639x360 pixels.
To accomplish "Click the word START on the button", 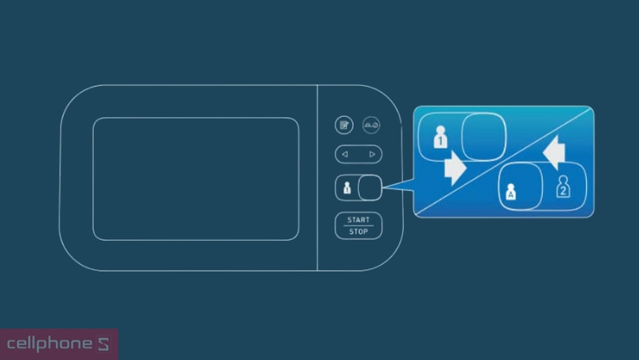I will click(x=358, y=220).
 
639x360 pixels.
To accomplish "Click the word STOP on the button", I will click(x=358, y=231).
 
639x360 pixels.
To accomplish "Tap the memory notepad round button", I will click(x=343, y=125).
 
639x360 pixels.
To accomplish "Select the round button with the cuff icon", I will click(x=372, y=125).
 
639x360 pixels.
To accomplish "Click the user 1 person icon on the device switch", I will click(x=347, y=188).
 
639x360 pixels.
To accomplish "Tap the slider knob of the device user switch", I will click(x=369, y=188).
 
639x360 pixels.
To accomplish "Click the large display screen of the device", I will click(x=196, y=178).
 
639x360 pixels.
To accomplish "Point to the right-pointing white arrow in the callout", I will click(x=455, y=167).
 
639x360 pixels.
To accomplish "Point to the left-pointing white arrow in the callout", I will click(x=555, y=152).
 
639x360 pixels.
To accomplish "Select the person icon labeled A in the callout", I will click(x=510, y=191).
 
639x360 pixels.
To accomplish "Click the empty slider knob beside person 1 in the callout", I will click(x=482, y=136).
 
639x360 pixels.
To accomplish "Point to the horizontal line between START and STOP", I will click(x=358, y=226).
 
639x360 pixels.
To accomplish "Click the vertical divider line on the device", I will click(x=317, y=178).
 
